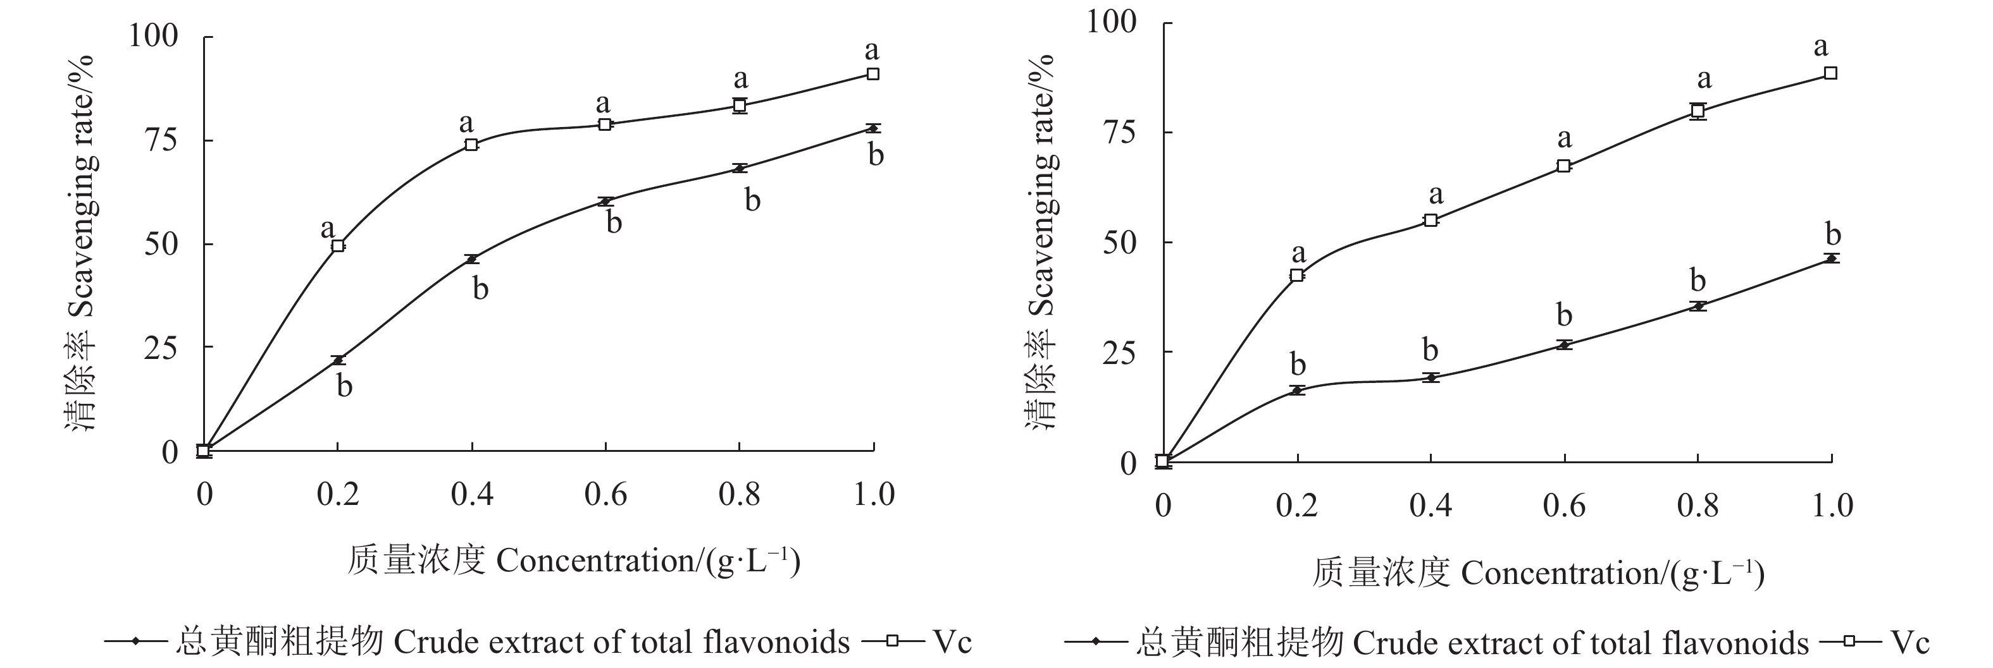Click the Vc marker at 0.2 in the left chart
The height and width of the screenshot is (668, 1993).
338,245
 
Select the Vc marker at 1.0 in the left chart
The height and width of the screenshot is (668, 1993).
872,73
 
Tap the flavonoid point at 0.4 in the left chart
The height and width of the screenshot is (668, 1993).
471,259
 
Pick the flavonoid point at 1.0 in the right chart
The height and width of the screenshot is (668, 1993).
1830,258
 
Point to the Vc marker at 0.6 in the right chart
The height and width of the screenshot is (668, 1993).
1563,166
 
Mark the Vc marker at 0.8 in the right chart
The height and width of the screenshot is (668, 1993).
1698,111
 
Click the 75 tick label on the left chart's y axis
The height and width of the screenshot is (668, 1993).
161,140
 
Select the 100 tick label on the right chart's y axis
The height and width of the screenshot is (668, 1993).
1112,21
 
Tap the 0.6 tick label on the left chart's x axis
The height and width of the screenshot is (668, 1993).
605,494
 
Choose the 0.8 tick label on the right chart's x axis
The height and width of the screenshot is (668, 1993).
1698,506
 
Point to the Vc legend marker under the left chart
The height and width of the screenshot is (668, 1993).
893,640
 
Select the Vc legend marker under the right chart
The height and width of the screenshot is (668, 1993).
1851,641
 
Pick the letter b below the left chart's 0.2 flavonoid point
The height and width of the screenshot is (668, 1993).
344,385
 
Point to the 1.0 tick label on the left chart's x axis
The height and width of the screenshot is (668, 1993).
874,494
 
